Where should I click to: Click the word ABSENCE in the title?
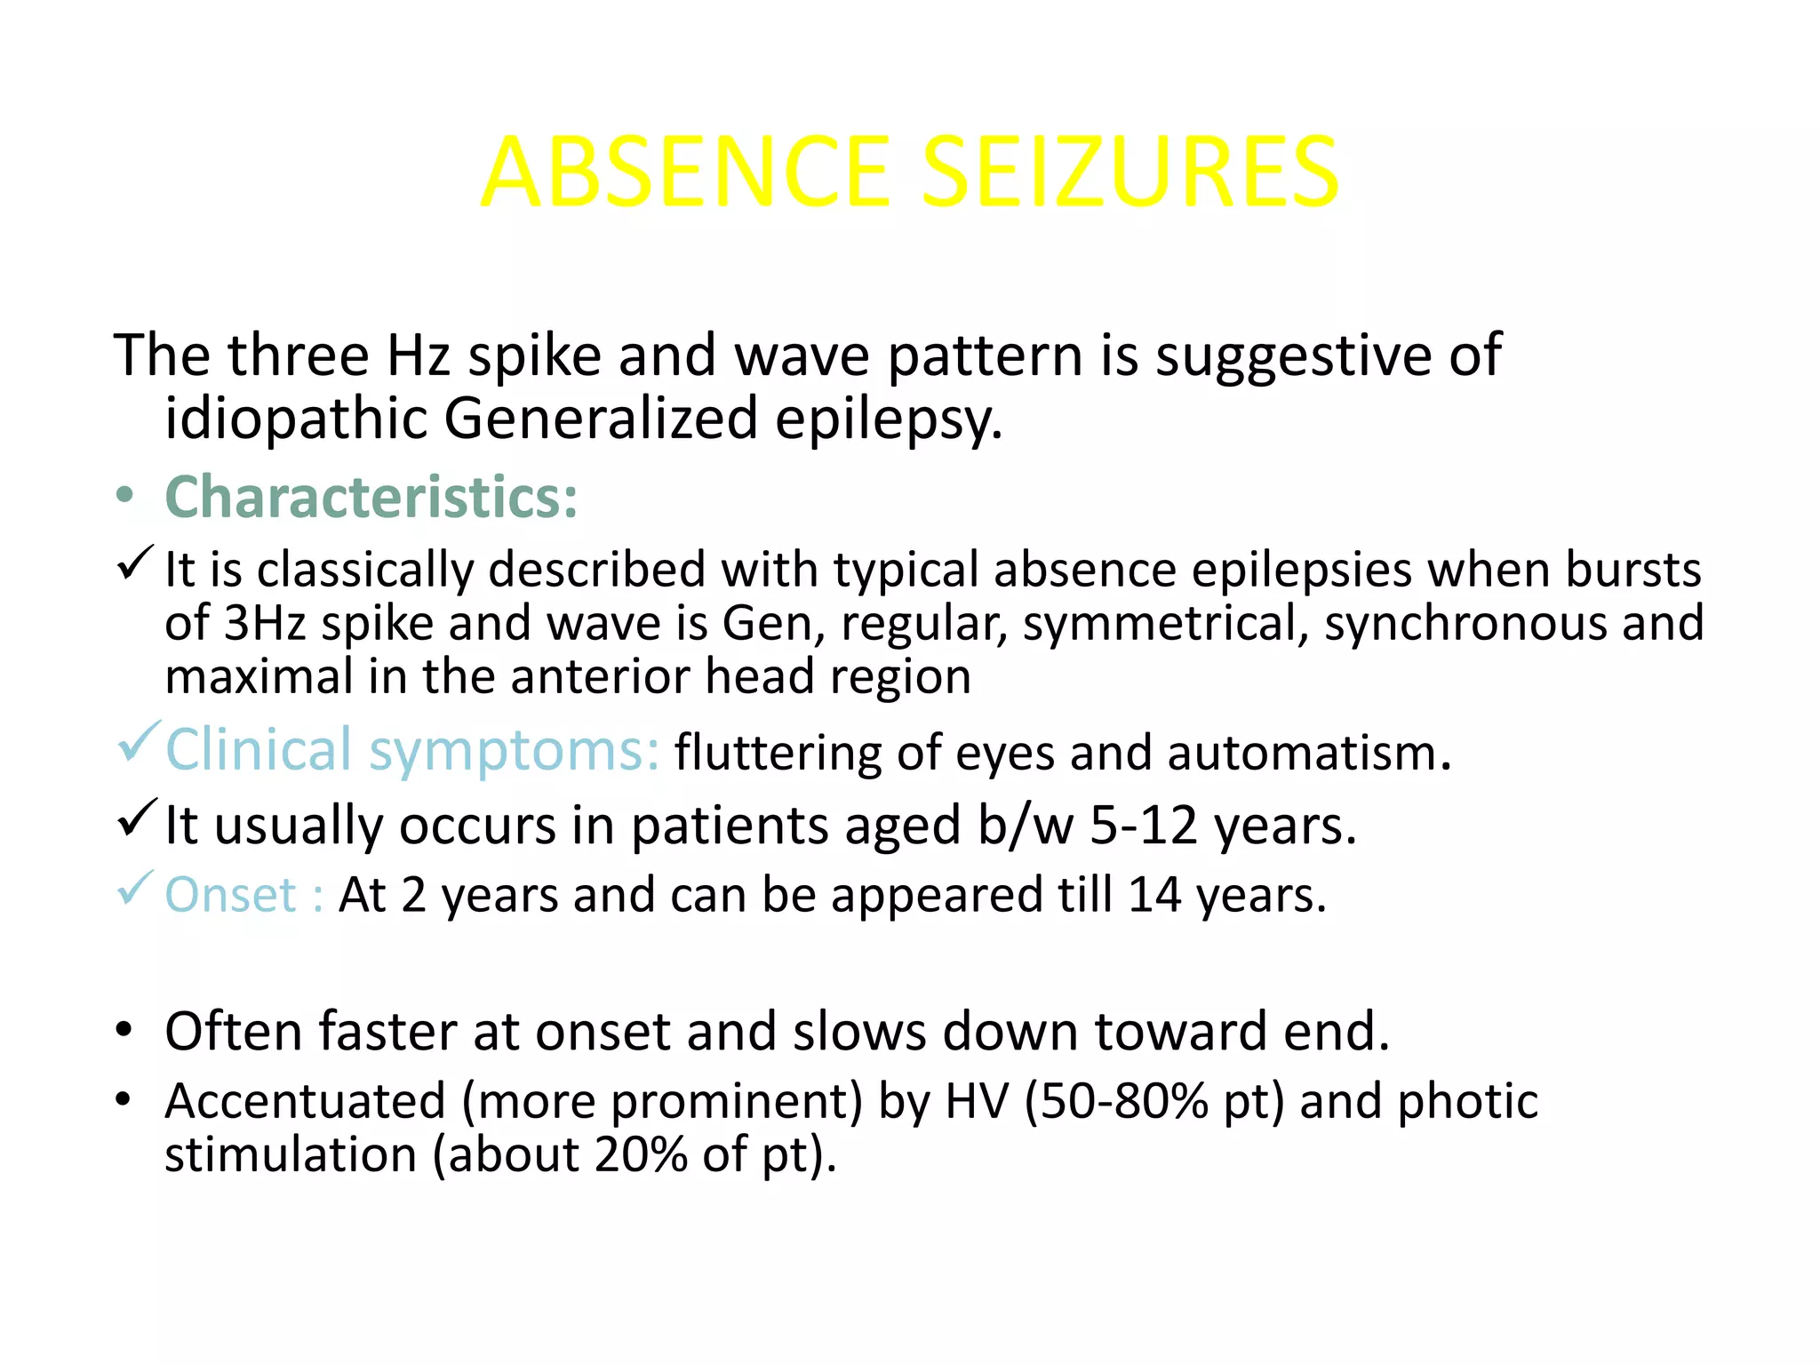(x=685, y=172)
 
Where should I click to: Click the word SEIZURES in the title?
(x=1130, y=172)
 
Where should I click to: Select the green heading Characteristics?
(x=371, y=497)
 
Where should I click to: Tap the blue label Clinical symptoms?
(x=412, y=750)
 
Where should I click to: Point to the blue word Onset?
(x=230, y=894)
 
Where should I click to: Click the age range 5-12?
(x=1144, y=826)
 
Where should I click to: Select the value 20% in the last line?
(x=641, y=1155)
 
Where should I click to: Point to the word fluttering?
(x=778, y=754)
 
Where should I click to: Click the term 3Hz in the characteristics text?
(x=264, y=623)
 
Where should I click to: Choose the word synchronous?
(x=1465, y=623)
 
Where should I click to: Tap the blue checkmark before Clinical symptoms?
(x=138, y=741)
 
